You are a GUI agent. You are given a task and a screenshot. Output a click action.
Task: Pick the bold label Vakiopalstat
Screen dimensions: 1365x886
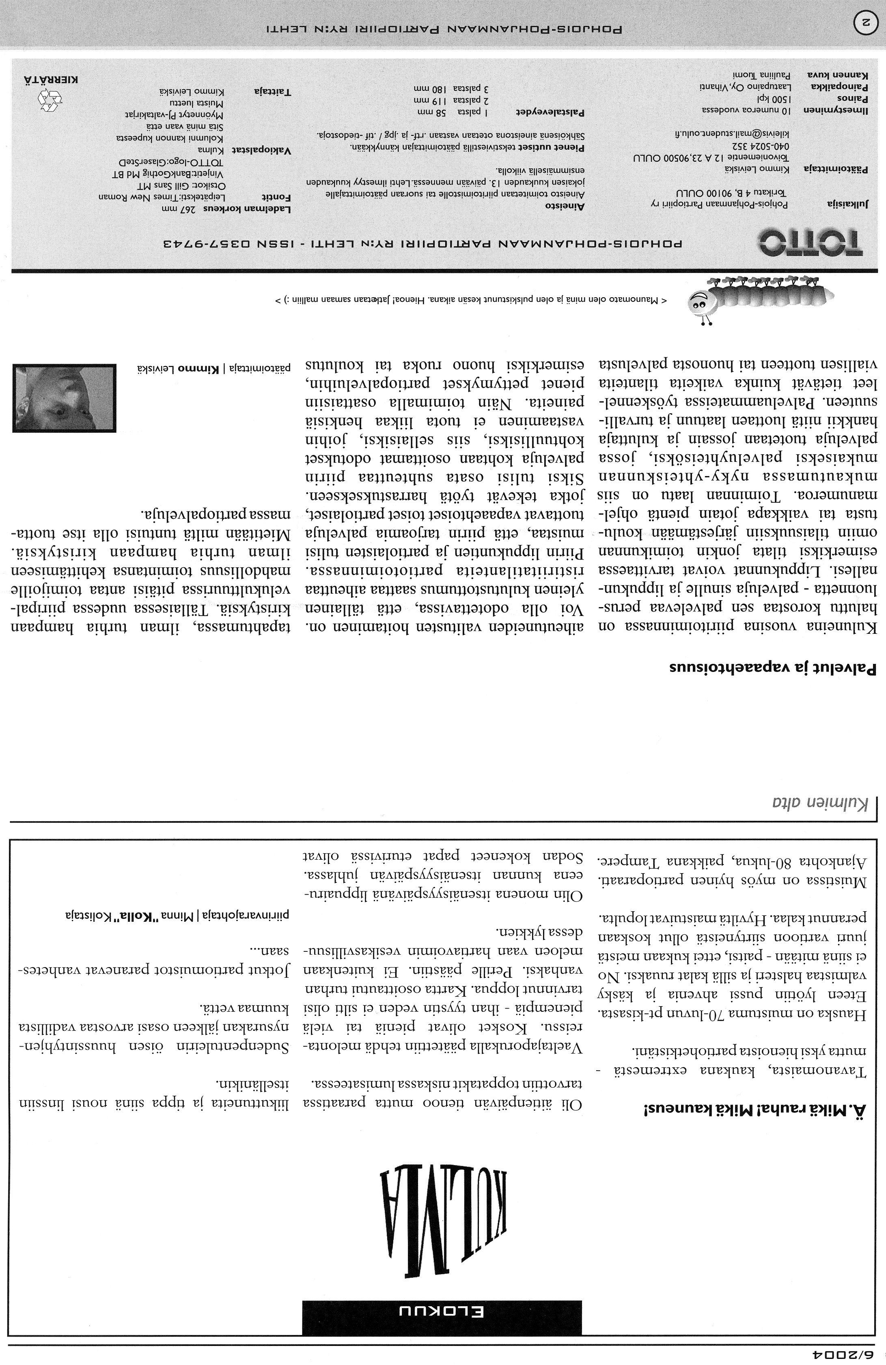(261, 150)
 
